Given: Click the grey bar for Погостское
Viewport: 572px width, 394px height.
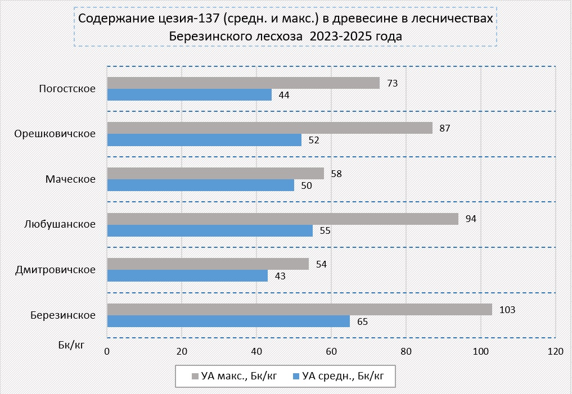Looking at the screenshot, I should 243,83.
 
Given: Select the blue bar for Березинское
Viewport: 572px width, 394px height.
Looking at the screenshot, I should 228,321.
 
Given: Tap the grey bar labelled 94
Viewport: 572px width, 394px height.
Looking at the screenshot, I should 282,219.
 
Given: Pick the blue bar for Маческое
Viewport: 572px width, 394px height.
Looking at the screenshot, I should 200,185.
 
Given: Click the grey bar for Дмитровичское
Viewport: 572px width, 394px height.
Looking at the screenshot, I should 208,264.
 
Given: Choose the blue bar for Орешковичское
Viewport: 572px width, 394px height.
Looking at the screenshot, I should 204,140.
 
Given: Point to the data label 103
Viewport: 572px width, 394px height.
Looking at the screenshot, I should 507,310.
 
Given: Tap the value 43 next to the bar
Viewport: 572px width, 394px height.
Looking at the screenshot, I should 280,276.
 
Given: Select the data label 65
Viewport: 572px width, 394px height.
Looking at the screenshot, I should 362,321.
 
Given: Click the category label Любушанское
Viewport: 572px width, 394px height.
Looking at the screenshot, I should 60,224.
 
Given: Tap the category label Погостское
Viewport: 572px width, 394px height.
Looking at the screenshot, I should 67,89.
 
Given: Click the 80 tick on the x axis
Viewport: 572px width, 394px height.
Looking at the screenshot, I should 406,351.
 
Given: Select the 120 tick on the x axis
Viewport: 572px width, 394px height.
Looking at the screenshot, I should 555,351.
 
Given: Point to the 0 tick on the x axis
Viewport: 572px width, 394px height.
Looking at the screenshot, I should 107,351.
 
